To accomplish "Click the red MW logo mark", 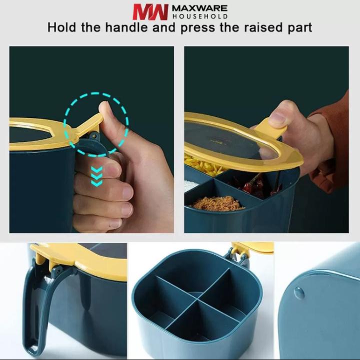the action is pos(150,12).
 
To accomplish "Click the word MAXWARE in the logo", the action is pos(199,8).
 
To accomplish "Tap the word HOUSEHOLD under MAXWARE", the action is pos(200,16).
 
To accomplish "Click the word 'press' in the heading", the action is pos(198,28).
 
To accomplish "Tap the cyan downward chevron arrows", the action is pos(96,177).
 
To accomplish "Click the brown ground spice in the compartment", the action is pos(217,203).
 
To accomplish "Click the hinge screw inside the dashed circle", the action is pos(93,137).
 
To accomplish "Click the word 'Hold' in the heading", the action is pos(61,27).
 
